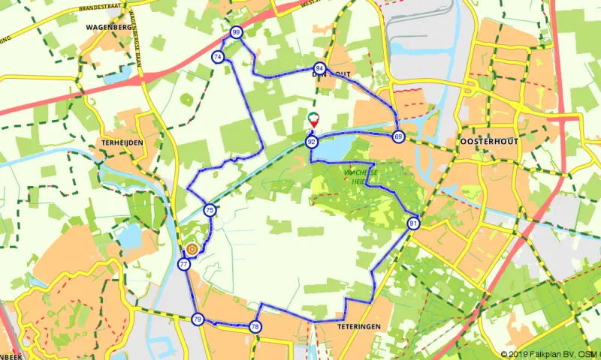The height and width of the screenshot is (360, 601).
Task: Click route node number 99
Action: (237, 32)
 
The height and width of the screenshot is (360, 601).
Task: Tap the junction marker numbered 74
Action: (218, 57)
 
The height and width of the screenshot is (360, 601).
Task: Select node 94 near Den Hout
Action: (320, 68)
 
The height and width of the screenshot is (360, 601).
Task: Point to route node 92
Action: (311, 141)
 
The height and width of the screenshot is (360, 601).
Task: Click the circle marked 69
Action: (397, 136)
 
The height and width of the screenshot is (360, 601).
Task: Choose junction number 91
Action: (414, 223)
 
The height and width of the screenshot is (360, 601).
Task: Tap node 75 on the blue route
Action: (210, 211)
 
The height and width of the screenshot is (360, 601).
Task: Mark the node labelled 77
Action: (184, 264)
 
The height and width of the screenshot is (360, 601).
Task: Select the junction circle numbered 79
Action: (198, 319)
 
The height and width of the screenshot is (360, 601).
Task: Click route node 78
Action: (255, 326)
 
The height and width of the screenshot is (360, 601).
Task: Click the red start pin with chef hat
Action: (314, 119)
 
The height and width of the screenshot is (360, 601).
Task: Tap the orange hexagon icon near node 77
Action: (192, 249)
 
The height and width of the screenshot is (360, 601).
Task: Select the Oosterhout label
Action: (482, 142)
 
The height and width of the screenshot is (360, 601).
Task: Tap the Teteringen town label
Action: (359, 327)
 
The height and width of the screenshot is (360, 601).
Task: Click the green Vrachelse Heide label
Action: (359, 177)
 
